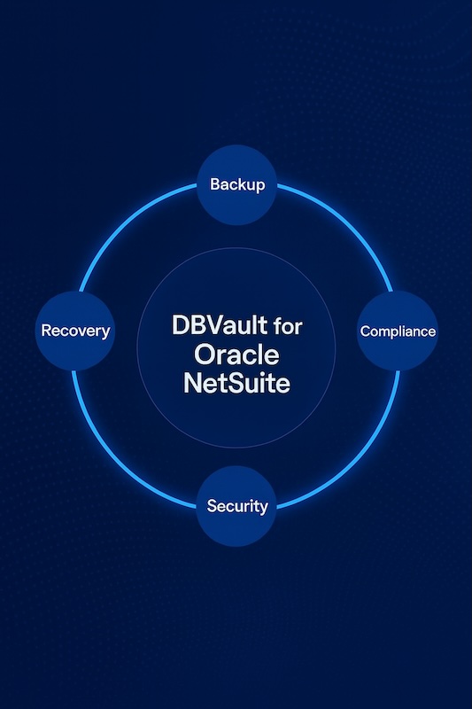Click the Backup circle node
(x=236, y=184)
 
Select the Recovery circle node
(x=75, y=331)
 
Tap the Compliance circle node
(x=398, y=331)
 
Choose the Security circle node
(x=236, y=506)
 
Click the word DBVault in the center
(x=220, y=324)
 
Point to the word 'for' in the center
(x=288, y=325)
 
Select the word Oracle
(x=236, y=354)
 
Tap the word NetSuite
(x=236, y=383)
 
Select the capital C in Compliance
(x=365, y=331)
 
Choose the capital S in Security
(x=212, y=505)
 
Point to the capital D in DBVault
(x=181, y=324)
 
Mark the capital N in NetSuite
(x=192, y=383)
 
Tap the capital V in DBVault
(x=216, y=324)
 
